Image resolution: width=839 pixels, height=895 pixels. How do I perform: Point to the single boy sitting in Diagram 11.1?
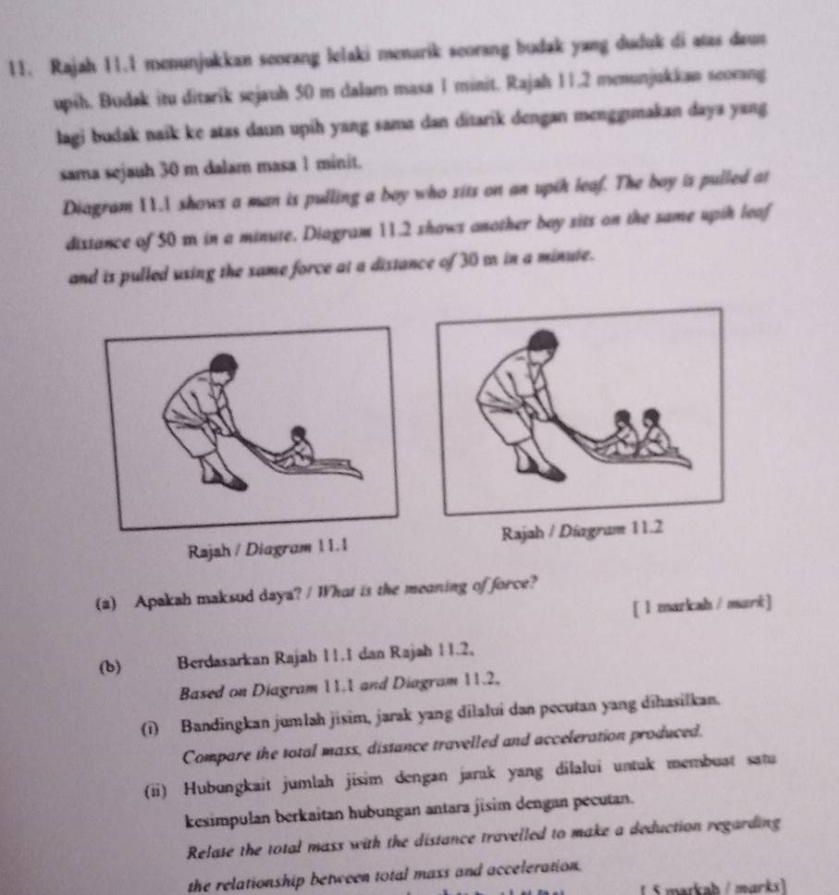click(x=296, y=448)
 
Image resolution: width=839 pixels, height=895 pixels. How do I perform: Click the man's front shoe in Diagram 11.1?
click(x=234, y=482)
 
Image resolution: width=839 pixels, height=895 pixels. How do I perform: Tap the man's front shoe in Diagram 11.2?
click(x=550, y=472)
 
